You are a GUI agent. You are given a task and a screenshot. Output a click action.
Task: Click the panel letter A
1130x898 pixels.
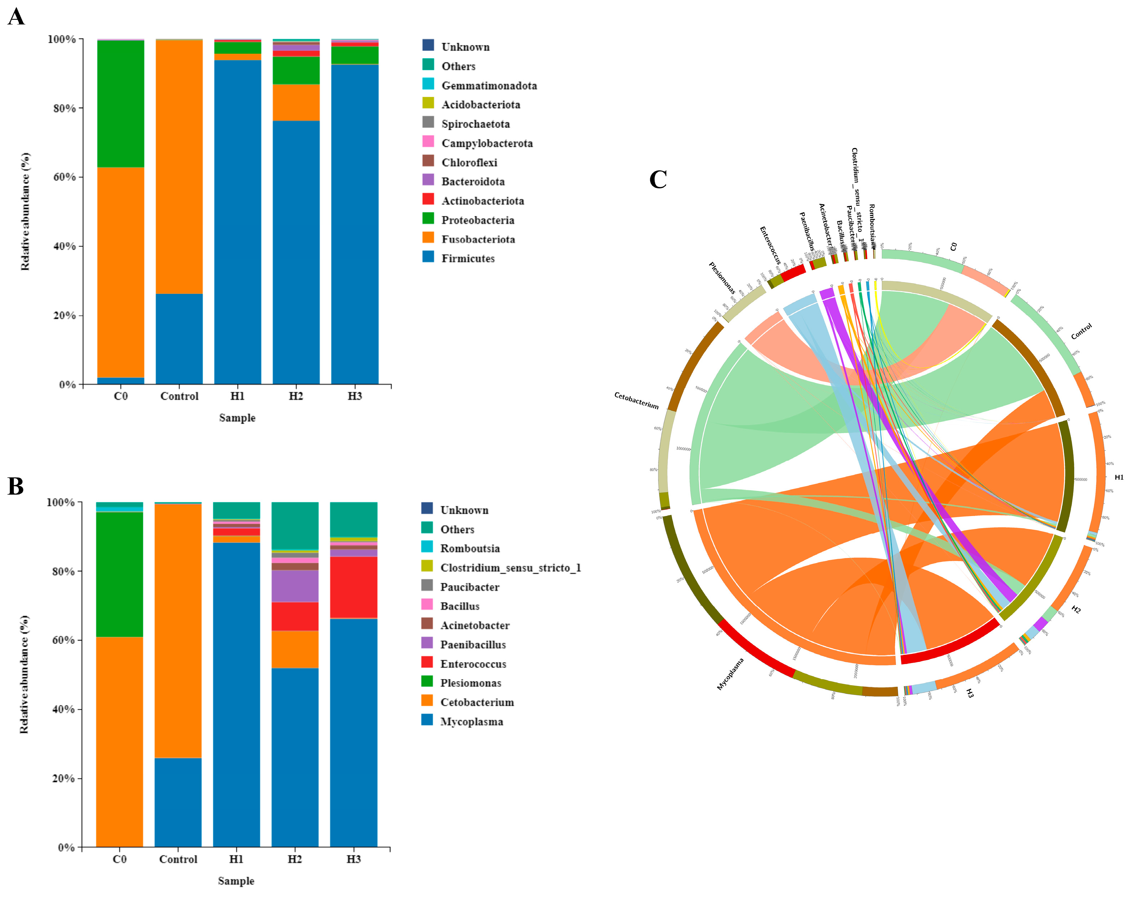[16, 17]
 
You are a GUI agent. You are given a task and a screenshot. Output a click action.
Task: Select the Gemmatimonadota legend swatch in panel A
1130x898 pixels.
[428, 84]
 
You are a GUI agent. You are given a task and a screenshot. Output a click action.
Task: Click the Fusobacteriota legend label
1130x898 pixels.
[478, 239]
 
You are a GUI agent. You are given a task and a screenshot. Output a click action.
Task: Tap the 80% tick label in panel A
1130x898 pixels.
[62, 109]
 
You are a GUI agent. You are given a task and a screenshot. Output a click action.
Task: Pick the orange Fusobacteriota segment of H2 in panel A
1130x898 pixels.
[296, 103]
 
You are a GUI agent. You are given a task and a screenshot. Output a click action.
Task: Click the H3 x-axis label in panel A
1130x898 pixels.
[355, 396]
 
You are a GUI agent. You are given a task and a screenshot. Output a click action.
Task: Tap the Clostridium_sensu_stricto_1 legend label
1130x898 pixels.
[510, 568]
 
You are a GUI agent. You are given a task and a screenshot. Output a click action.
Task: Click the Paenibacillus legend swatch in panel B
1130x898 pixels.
[427, 643]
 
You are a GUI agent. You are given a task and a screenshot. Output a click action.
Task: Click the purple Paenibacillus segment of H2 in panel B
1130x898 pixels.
[295, 586]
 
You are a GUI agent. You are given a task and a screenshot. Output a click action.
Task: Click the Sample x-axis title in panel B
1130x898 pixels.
[236, 881]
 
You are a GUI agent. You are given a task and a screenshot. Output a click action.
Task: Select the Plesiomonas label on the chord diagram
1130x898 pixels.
[722, 278]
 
